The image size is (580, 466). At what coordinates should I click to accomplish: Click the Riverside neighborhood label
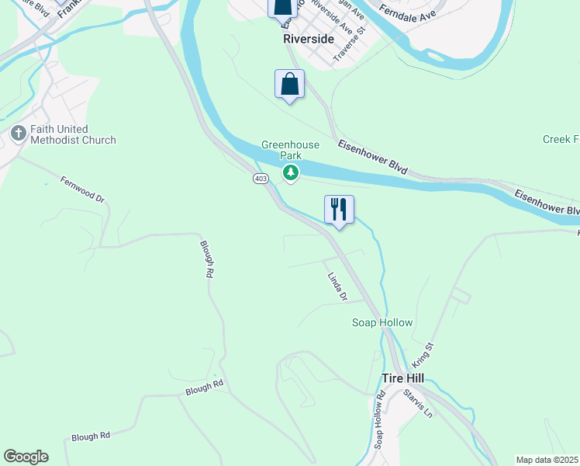pyautogui.click(x=308, y=38)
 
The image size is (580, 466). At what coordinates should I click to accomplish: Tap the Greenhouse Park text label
pyautogui.click(x=290, y=150)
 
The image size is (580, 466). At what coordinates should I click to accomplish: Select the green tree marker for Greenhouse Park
pyautogui.click(x=291, y=172)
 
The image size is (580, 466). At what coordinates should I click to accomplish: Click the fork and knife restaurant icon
pyautogui.click(x=339, y=209)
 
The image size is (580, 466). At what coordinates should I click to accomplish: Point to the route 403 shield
pyautogui.click(x=260, y=179)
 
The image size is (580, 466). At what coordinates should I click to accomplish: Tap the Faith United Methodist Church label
pyautogui.click(x=73, y=134)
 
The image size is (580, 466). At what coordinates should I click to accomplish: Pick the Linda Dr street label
pyautogui.click(x=337, y=286)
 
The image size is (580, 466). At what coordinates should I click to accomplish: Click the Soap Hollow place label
pyautogui.click(x=382, y=322)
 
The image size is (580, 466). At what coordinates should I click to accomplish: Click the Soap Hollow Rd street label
pyautogui.click(x=380, y=420)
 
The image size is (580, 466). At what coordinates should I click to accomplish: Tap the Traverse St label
pyautogui.click(x=348, y=47)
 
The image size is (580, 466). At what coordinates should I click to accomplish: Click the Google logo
pyautogui.click(x=26, y=457)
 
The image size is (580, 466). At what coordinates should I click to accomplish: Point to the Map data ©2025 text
pyautogui.click(x=547, y=460)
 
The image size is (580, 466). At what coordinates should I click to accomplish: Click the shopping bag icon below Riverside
pyautogui.click(x=289, y=84)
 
